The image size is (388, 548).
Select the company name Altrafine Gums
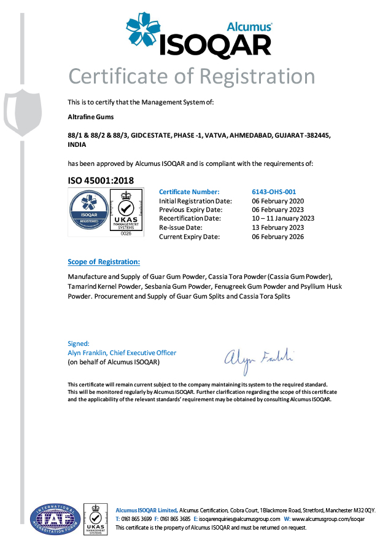coord(91,116)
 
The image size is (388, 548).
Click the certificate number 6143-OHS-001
coord(274,192)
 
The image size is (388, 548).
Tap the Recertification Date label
coord(190,219)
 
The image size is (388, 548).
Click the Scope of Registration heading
coord(104,262)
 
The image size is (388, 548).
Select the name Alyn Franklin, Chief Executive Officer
coord(122,353)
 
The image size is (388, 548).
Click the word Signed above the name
coord(78,343)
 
